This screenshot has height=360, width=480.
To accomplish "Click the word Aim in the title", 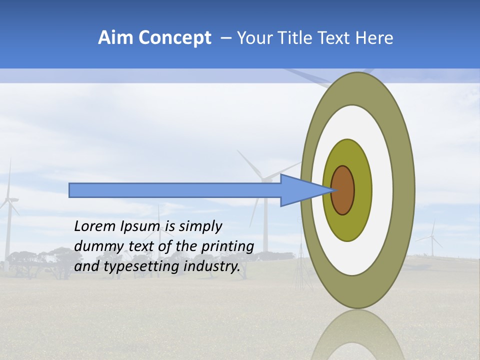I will pos(115,38).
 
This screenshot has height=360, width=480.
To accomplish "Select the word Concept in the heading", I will pos(174,38).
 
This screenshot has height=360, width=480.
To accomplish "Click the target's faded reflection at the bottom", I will pos(357,335).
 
